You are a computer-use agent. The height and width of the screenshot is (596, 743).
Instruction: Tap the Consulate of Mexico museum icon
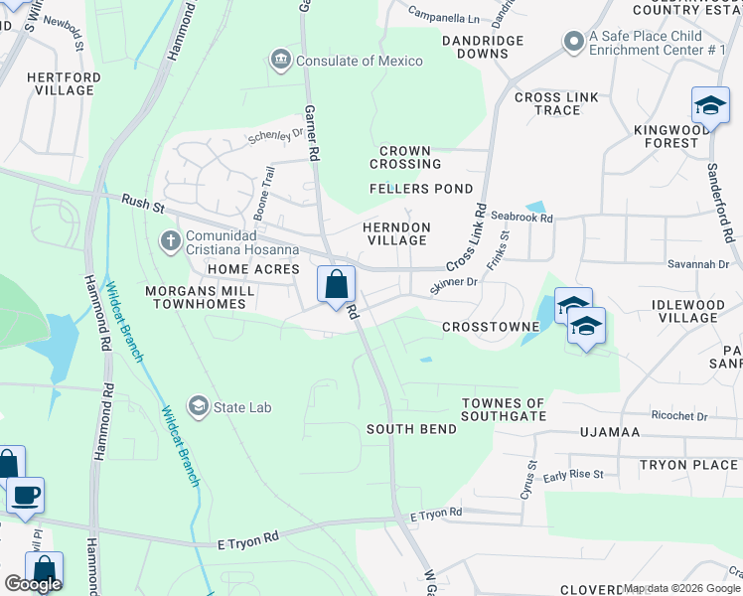281,61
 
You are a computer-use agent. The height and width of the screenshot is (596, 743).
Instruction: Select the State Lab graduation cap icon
199,407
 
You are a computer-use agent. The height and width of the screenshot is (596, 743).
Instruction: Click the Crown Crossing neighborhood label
405,157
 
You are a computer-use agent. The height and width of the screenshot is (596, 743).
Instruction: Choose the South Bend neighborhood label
411,429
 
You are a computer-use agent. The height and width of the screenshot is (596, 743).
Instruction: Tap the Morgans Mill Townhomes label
181,297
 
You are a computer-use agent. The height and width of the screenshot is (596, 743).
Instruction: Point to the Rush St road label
142,204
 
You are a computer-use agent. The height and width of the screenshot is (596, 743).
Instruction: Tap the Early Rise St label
573,475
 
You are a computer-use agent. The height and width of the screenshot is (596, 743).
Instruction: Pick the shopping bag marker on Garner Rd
337,284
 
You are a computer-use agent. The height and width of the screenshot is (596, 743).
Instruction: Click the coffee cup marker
25,495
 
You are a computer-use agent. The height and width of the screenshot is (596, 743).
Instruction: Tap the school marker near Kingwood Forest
710,105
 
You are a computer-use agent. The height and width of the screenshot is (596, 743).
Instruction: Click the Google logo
33,584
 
